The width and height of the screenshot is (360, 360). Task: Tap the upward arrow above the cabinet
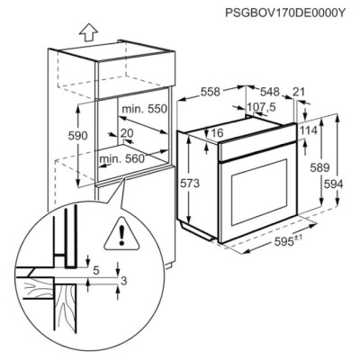pos(87,32)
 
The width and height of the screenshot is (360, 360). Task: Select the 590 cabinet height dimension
pos(77,136)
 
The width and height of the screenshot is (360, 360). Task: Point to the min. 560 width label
pos(121,158)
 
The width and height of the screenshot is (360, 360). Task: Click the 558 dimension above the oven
pos(211,92)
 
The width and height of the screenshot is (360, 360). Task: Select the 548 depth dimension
pos(271,92)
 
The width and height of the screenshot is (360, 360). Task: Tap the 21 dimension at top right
pos(299,92)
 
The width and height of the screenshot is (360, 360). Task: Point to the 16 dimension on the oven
pos(217,134)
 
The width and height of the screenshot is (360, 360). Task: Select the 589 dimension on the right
pos(318,168)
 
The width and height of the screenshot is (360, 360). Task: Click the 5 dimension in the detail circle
pos(96,268)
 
